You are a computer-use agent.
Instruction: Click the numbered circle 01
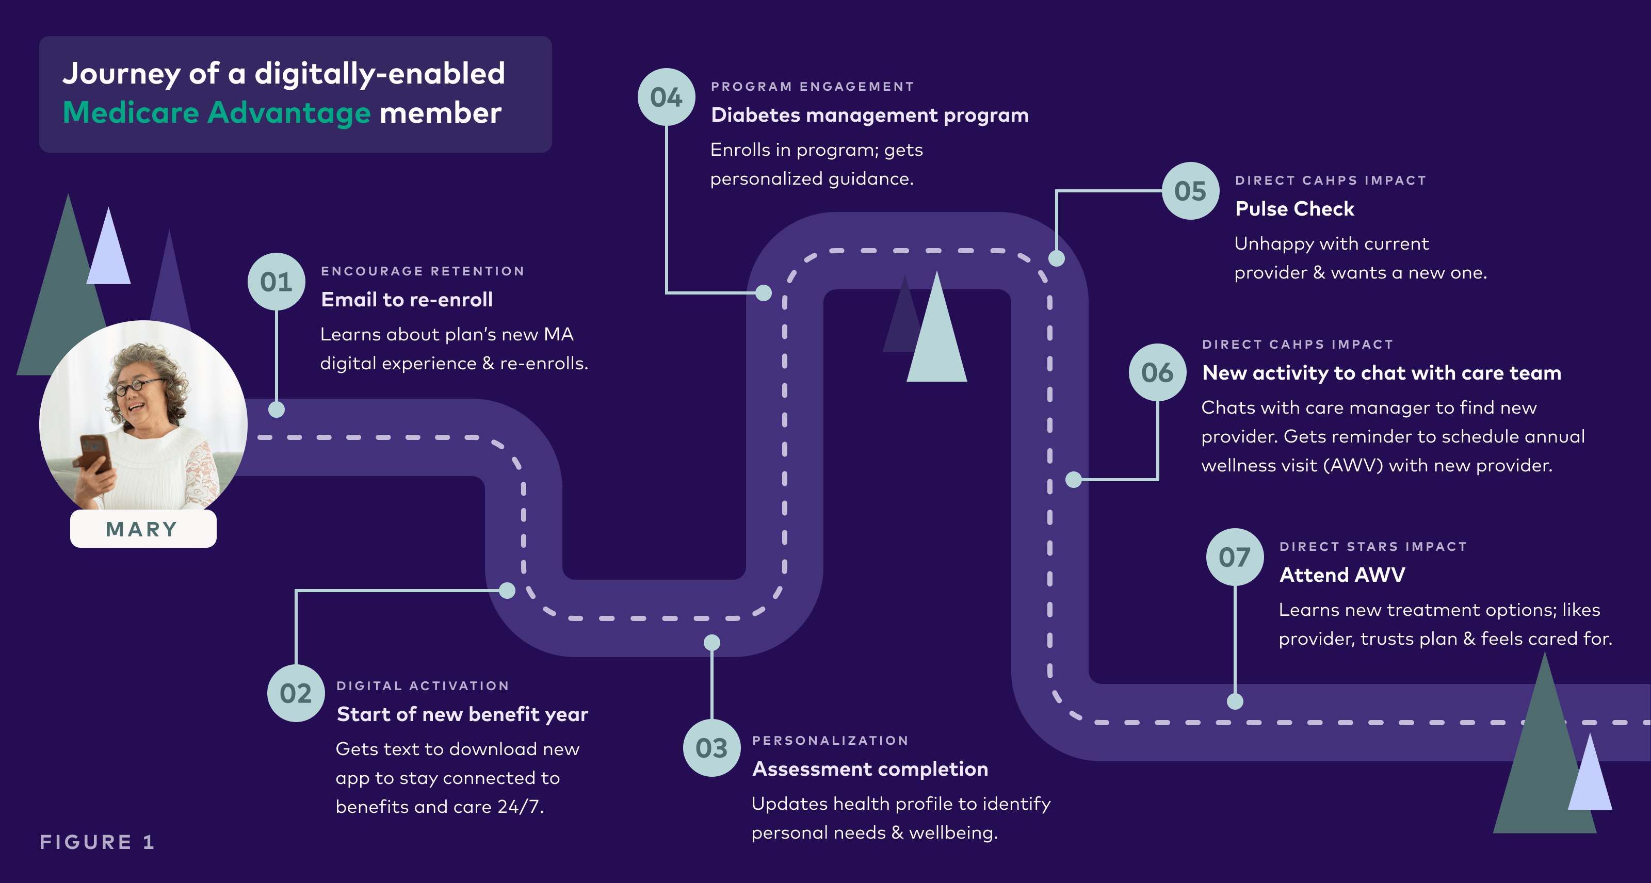tap(276, 282)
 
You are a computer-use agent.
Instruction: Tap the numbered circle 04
tap(666, 97)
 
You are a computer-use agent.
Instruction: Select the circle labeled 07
tap(1235, 557)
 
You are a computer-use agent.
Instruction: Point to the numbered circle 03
tap(711, 748)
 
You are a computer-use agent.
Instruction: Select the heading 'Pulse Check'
tap(1294, 209)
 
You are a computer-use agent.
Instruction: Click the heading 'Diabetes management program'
tap(870, 116)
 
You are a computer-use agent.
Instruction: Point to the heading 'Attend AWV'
tap(1342, 575)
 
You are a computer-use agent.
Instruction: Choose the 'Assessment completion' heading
tap(870, 769)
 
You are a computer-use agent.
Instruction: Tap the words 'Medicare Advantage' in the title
tap(217, 113)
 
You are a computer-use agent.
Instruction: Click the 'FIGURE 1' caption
tap(97, 842)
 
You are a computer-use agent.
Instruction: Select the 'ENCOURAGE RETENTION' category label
tap(423, 271)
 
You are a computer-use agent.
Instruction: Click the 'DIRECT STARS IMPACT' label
tap(1373, 547)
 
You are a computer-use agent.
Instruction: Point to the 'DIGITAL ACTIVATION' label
tap(423, 685)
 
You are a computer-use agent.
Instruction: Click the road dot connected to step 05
tap(1056, 258)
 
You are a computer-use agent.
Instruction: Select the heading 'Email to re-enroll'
tap(407, 300)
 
